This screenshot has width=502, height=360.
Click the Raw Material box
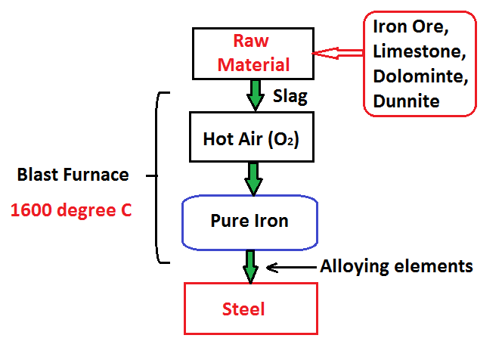(253, 52)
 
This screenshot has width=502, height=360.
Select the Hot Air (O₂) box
(253, 138)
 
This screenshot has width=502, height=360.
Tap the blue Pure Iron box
(249, 222)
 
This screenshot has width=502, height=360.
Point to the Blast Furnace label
(73, 175)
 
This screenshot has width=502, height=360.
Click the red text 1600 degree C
(71, 209)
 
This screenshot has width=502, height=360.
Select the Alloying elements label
(396, 266)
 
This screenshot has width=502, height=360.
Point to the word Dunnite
(406, 100)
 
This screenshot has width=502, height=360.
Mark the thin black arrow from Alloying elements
(292, 267)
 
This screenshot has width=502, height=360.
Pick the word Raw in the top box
(253, 41)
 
